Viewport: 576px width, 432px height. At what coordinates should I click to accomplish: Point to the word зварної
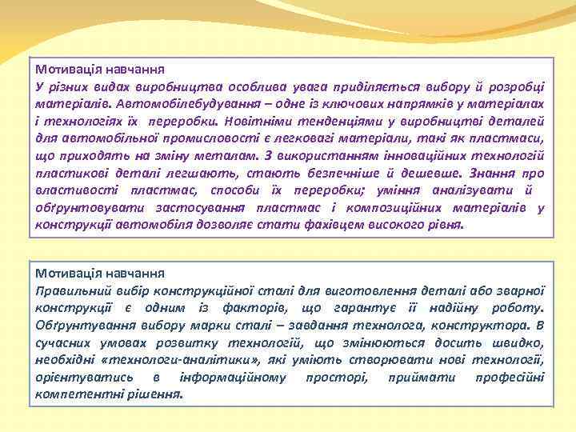[x=519, y=290]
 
